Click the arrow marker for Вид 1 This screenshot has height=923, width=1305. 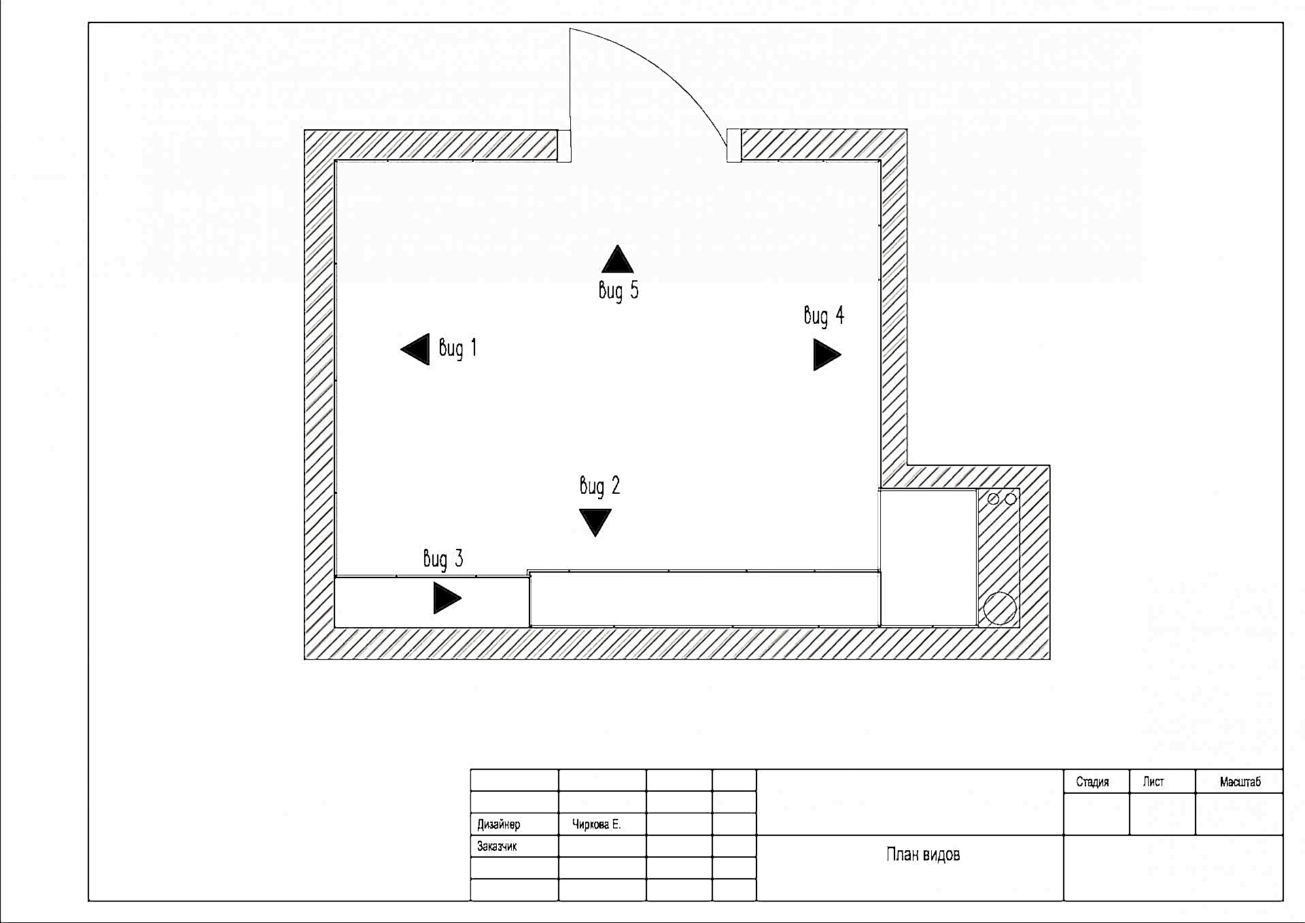pos(415,350)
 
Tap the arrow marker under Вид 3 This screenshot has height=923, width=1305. pos(447,599)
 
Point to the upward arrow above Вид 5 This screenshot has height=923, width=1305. pos(617,259)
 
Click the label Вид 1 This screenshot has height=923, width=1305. pos(458,348)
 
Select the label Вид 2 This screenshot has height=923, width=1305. pos(599,486)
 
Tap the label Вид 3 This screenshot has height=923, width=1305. pos(443,559)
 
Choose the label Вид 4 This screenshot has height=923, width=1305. pos(824,316)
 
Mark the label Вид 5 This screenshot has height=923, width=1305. pos(619,291)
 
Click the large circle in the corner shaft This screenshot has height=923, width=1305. pos(1000,608)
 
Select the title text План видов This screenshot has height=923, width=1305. pos(923,854)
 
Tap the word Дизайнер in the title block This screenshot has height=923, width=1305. pos(499,824)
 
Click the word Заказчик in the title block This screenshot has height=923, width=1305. pos(497,847)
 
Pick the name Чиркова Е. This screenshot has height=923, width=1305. pos(596,824)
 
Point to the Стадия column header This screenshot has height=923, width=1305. pos(1092,782)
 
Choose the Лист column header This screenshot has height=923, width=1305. pos(1153,782)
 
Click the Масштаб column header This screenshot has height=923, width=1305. pos(1240,782)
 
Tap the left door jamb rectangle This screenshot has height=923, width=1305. pos(564,146)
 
